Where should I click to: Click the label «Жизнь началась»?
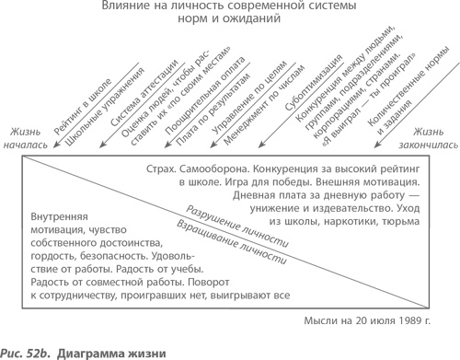coord(34,138)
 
